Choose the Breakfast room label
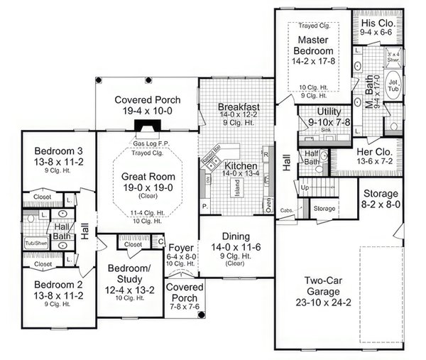tap(239, 107)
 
